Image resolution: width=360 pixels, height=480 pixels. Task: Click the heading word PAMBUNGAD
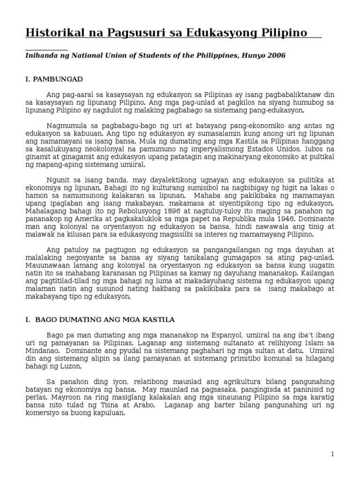59,79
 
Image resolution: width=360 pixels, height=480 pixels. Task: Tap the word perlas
36,398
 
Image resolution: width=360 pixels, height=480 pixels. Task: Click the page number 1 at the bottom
332,454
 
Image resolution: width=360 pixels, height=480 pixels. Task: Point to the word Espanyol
225,335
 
